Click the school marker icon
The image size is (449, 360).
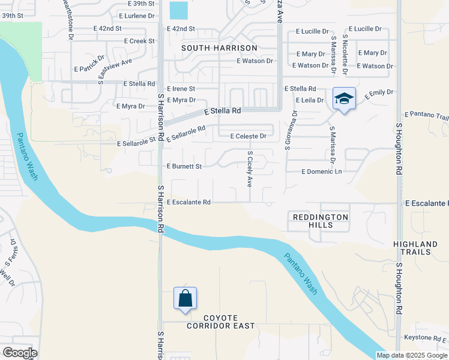coord(344,98)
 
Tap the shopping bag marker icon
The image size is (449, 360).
coord(185,298)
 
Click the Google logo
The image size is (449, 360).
coord(19,353)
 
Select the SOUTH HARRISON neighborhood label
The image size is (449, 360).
coord(219,47)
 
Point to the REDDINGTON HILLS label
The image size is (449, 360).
coord(320,220)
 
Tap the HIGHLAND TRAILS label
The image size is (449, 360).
coord(415,248)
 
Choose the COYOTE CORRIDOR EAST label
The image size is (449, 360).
coord(220,322)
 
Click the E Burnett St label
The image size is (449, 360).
coord(184,166)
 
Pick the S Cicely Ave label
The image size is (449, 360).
coord(250,169)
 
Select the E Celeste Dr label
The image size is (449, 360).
coord(249,136)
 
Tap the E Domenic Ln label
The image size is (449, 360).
coord(321,172)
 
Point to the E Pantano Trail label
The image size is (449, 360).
coord(427,115)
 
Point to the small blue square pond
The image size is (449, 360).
coord(178,10)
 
